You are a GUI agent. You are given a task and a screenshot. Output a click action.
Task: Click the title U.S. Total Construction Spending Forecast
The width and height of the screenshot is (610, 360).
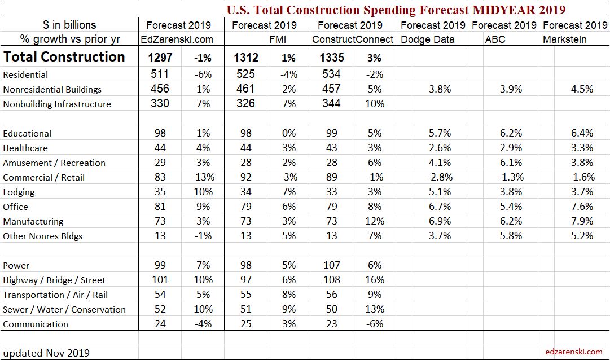tap(396, 10)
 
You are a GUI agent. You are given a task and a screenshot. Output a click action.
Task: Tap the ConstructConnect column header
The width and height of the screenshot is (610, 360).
tap(353, 39)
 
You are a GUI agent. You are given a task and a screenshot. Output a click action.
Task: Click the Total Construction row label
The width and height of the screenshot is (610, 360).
tap(64, 57)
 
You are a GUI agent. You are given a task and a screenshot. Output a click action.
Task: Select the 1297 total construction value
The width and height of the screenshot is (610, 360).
tap(160, 58)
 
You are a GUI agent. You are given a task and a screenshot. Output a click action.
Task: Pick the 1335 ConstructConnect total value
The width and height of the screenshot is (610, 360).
tap(332, 58)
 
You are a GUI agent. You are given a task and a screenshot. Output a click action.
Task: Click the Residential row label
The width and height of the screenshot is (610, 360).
tap(25, 74)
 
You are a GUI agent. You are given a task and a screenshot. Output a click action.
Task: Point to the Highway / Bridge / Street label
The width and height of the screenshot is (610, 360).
tap(54, 280)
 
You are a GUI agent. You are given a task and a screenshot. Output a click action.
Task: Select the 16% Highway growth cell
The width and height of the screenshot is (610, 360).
tap(374, 280)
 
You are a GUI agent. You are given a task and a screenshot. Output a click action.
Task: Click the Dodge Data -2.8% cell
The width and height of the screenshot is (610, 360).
tap(440, 177)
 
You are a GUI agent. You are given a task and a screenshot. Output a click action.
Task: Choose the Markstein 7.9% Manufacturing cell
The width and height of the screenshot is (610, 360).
tap(582, 221)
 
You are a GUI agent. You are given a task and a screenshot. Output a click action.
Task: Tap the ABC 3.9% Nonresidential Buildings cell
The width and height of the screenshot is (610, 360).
tap(511, 89)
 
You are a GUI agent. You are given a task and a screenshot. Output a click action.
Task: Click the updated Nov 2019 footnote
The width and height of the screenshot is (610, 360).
tap(46, 353)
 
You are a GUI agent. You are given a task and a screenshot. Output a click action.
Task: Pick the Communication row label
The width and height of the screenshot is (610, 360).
tap(36, 324)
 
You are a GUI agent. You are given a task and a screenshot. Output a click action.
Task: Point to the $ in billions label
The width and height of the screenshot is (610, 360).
tap(69, 25)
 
